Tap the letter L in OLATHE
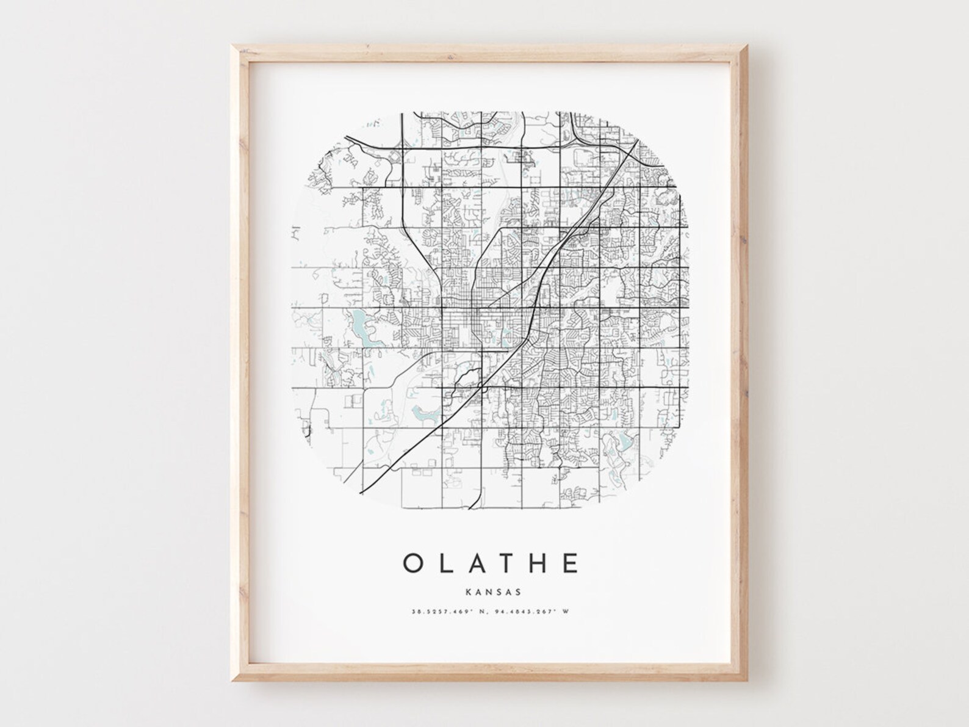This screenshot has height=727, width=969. [x=447, y=562]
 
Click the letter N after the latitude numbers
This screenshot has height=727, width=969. [x=479, y=611]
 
